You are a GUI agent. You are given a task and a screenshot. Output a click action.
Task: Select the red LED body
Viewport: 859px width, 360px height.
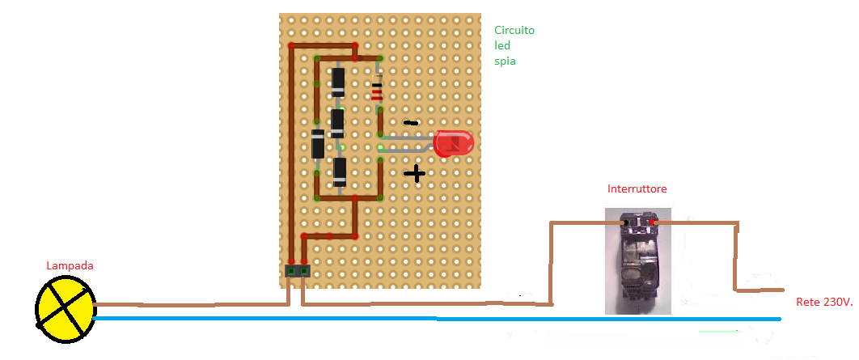tap(453, 144)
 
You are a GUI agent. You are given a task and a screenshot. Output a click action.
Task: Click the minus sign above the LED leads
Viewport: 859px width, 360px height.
tap(411, 124)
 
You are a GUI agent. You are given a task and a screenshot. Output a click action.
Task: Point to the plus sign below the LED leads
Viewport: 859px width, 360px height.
tap(414, 173)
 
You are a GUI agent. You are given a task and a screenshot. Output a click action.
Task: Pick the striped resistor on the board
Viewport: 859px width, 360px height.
tap(377, 91)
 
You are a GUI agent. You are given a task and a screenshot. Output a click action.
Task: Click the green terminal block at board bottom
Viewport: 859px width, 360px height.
tap(297, 271)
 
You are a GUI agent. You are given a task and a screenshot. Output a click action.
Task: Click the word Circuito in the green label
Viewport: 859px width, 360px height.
tap(514, 30)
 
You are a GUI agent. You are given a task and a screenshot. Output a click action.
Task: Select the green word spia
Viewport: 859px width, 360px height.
tap(505, 61)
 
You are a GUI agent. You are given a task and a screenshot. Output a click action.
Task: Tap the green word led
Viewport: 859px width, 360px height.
tap(502, 45)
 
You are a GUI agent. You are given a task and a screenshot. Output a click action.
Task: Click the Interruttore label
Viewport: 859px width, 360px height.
tap(637, 188)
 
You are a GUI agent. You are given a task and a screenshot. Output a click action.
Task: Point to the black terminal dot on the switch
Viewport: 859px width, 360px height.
tap(624, 221)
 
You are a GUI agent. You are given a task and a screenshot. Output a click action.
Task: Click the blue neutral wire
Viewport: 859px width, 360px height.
tap(437, 319)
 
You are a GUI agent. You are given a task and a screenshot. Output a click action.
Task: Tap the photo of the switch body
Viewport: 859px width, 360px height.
tap(637, 263)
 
